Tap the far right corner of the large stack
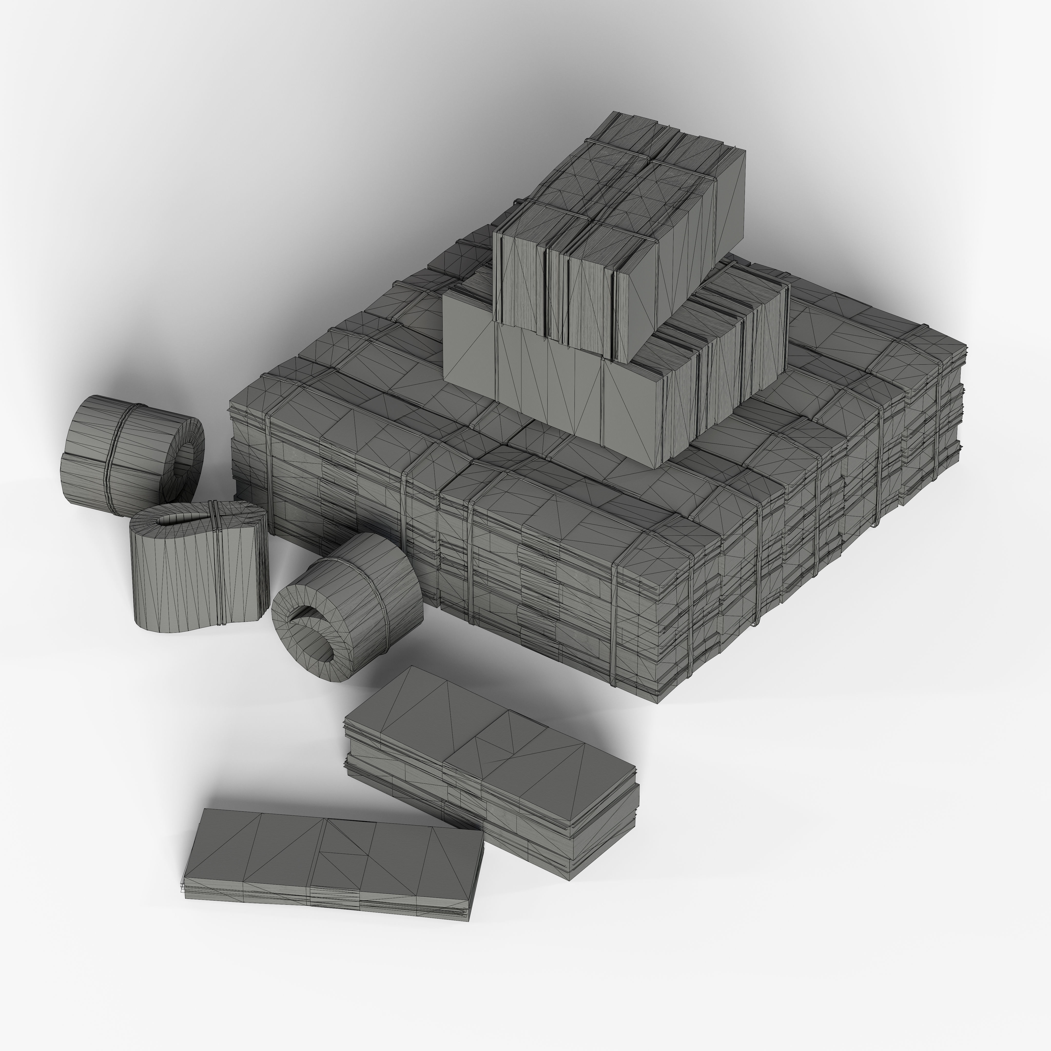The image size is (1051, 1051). [966, 345]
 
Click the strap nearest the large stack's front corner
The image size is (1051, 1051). [615, 626]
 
